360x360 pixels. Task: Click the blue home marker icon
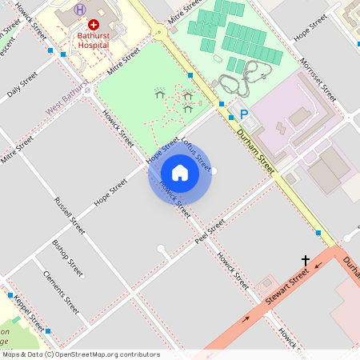click(180, 172)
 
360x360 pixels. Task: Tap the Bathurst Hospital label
click(94, 41)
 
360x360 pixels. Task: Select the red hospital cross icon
click(94, 26)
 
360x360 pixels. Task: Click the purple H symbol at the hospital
click(79, 10)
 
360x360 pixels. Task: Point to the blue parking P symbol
click(243, 115)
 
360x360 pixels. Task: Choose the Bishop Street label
click(67, 257)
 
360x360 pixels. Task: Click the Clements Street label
click(61, 294)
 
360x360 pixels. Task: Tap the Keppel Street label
click(29, 314)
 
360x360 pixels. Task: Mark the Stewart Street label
click(287, 291)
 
